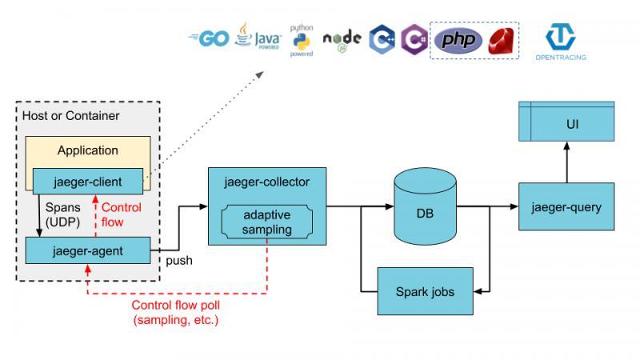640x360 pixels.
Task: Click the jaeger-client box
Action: [x=88, y=181]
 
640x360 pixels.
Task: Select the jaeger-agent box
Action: [x=87, y=250]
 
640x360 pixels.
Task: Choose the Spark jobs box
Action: [x=426, y=291]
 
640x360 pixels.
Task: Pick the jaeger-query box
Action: [x=566, y=207]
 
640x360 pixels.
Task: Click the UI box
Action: [x=566, y=125]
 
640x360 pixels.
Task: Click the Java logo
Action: [x=257, y=38]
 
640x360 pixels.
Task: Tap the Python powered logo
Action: [x=301, y=40]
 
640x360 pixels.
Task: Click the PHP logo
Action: [x=458, y=39]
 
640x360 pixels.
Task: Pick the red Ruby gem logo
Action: [x=502, y=39]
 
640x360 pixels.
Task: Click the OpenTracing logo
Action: [x=561, y=42]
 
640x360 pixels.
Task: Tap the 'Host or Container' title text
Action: [x=71, y=116]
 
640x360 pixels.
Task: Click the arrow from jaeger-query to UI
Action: [x=566, y=164]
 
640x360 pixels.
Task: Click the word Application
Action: [x=88, y=150]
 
